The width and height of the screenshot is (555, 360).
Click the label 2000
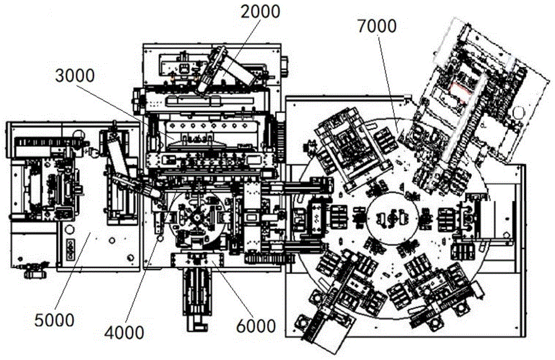(260, 12)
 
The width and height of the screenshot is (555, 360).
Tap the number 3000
(75, 76)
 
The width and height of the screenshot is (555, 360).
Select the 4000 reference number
(124, 333)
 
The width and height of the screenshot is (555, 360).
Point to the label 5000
(54, 321)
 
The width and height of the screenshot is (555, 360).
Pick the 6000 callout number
(256, 326)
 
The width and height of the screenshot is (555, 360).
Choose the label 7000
(377, 27)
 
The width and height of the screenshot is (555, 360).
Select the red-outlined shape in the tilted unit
(459, 91)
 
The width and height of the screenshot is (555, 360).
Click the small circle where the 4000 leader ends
(160, 239)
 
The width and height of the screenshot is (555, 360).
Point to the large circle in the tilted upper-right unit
(518, 113)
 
